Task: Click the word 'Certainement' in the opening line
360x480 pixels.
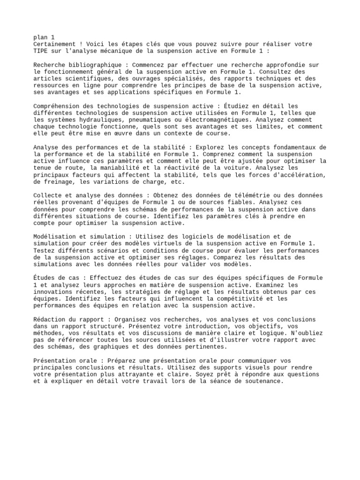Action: tap(55, 44)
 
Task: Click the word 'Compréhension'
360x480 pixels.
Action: tap(57, 106)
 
